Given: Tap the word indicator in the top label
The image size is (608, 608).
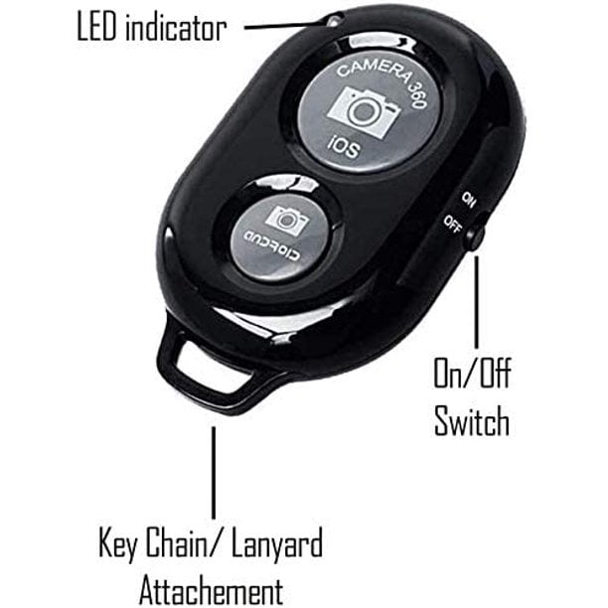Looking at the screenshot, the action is [176, 27].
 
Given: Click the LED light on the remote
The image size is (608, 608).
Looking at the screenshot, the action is [333, 21].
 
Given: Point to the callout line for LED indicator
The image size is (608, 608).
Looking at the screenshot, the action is [284, 26].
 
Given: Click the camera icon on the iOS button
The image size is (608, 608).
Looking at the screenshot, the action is [364, 111].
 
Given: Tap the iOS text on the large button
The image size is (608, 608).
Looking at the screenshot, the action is [343, 148].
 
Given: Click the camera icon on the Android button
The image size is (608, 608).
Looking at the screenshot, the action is [286, 220].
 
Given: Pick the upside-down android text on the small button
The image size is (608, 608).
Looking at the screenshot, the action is [272, 246].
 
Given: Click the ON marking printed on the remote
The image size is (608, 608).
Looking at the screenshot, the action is [468, 200].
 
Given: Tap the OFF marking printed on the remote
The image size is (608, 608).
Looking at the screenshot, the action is [452, 224].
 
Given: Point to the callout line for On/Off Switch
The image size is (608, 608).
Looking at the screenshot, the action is [477, 302].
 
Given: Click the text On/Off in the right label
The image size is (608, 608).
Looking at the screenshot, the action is [472, 373].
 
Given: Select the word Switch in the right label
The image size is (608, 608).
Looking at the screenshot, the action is [472, 420].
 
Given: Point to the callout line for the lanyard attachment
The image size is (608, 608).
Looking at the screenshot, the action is [214, 473].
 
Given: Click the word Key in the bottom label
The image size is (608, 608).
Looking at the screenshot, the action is [118, 543].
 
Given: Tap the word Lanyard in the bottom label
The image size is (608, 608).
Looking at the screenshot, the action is [277, 543].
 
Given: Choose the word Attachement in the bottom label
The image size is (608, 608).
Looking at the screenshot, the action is [211, 591].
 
